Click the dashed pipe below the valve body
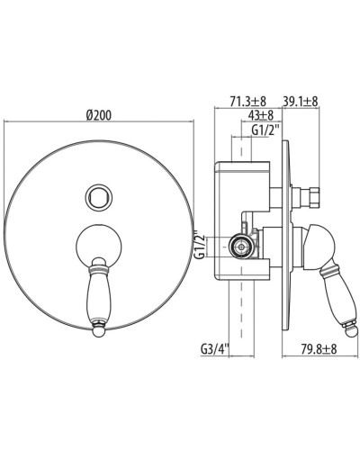coord(240,315)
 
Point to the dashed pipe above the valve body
coord(240,148)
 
